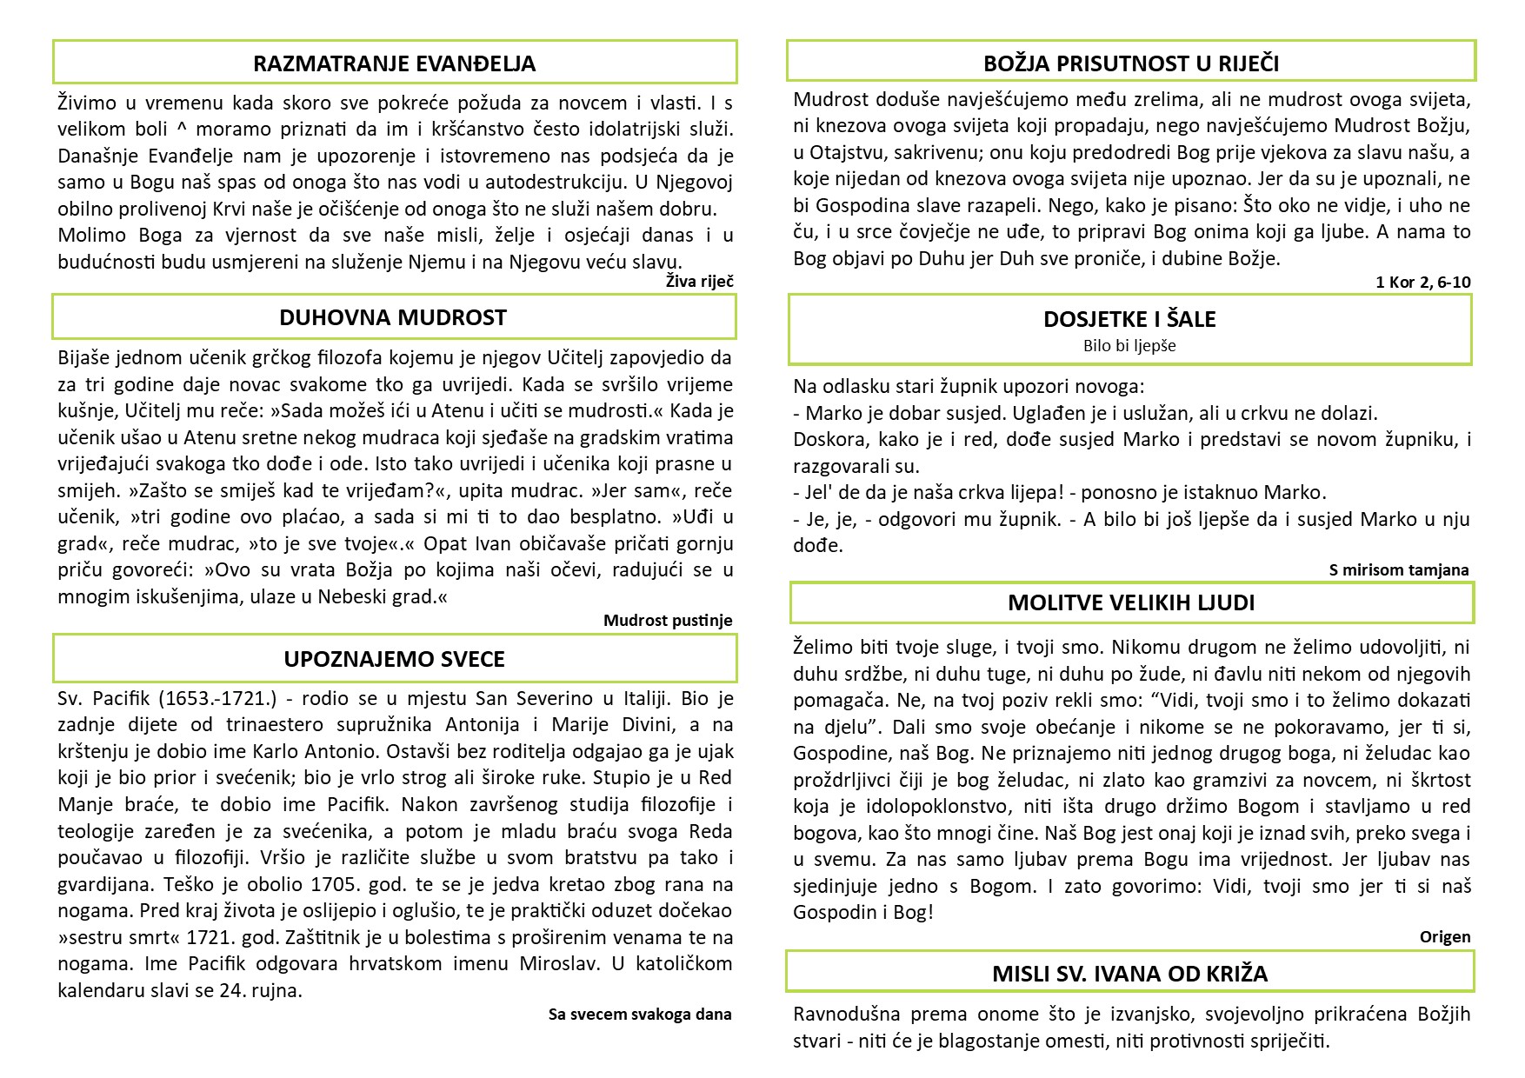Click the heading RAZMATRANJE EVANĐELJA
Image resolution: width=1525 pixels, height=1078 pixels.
coord(394,63)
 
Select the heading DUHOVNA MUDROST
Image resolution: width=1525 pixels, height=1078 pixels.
coord(393,317)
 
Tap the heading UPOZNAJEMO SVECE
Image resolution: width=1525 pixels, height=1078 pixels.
coord(394,659)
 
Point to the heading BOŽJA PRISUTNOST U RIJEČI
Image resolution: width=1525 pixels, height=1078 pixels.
coord(1131,63)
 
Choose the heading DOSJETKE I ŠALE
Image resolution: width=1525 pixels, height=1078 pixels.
coord(1129,319)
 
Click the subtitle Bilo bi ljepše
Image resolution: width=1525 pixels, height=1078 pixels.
coord(1129,346)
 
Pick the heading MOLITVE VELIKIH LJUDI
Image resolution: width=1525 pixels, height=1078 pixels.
coord(1131,602)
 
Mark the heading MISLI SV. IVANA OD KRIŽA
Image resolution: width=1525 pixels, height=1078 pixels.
coord(1129,974)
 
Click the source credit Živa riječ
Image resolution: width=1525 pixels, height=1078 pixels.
coord(699,281)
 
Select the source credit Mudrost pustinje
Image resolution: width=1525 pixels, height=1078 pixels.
coord(668,620)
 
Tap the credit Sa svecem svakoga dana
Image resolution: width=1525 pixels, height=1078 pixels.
coord(640,1014)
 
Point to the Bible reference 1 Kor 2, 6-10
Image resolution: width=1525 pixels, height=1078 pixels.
coord(1423,282)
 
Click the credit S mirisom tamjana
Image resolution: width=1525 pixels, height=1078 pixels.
coord(1398,570)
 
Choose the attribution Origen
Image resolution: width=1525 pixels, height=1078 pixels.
coord(1445,936)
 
